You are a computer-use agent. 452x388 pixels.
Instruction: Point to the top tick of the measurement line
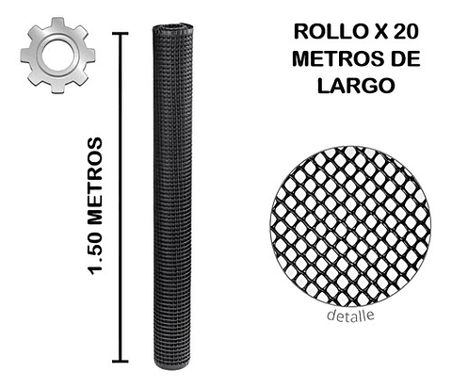click(x=120, y=33)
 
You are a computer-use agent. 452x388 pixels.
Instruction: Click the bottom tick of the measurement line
click(x=120, y=360)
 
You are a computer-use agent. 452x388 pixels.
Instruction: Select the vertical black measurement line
click(x=120, y=198)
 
